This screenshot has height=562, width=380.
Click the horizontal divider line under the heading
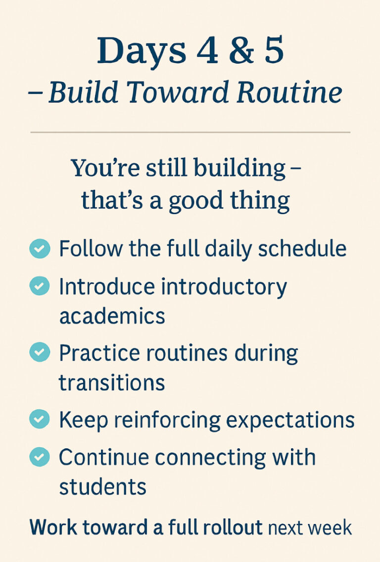click(x=190, y=132)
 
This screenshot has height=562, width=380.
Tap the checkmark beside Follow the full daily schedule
click(x=40, y=249)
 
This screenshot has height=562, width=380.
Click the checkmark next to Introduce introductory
click(x=40, y=287)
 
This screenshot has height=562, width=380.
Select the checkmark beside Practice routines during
click(x=40, y=353)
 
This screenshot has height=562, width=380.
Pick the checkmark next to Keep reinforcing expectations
click(x=40, y=420)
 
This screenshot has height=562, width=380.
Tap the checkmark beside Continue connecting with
click(x=40, y=457)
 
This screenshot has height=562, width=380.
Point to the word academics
click(x=112, y=316)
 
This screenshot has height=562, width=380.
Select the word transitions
click(x=112, y=382)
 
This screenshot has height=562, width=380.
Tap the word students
click(x=102, y=486)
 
